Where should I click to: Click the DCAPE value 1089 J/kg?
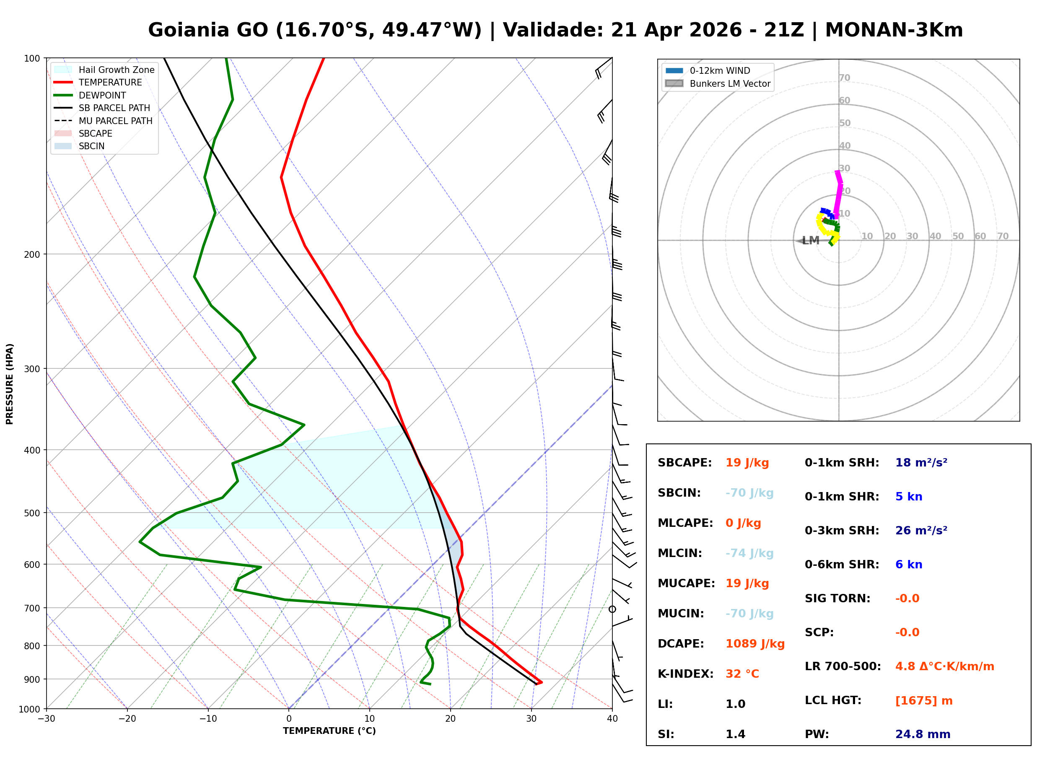pyautogui.click(x=755, y=644)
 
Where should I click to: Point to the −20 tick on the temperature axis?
pyautogui.click(x=127, y=719)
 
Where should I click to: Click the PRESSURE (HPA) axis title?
pyautogui.click(x=10, y=384)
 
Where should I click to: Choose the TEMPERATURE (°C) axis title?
pyautogui.click(x=329, y=731)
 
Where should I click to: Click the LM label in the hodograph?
pyautogui.click(x=811, y=241)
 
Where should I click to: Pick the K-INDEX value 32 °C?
pyautogui.click(x=742, y=674)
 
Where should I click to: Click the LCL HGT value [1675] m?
pyautogui.click(x=924, y=701)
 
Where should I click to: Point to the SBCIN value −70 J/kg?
pyautogui.click(x=749, y=493)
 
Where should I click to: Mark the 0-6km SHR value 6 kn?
pyautogui.click(x=908, y=565)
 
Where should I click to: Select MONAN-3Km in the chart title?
pyautogui.click(x=894, y=30)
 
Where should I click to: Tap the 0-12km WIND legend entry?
pyautogui.click(x=720, y=70)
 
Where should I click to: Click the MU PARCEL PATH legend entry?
pyautogui.click(x=115, y=121)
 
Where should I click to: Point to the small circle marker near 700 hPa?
pyautogui.click(x=612, y=609)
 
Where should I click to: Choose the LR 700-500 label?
pyautogui.click(x=843, y=666)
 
